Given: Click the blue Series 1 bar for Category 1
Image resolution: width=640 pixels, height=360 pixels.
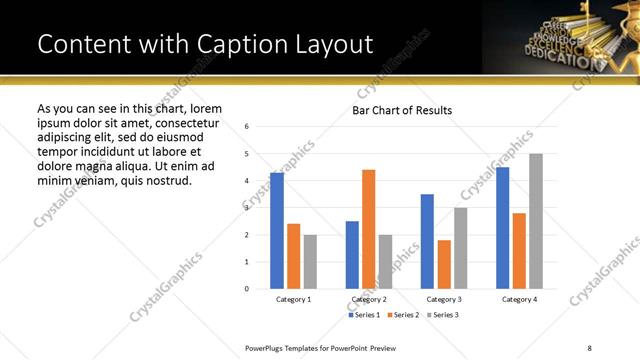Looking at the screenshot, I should pos(277,231).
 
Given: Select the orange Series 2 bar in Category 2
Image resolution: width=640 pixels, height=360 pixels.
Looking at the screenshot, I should pos(368,229).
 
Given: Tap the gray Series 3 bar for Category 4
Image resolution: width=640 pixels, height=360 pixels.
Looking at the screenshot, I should pos(535,221).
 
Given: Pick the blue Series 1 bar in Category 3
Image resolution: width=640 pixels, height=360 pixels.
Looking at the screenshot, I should pos(427,241).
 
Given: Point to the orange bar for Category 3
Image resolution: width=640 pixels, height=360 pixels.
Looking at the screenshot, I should pos(444,264).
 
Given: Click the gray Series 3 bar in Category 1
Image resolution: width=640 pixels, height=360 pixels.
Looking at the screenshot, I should pos(310,262).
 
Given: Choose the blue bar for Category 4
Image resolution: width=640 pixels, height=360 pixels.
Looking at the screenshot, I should pos(502,228).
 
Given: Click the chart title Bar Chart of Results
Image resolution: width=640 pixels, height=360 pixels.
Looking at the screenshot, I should pos(402,110).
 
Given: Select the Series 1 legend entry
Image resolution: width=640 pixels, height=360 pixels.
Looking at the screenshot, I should pos(363,315).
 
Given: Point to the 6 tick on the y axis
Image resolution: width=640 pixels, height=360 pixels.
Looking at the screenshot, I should pos(247,127).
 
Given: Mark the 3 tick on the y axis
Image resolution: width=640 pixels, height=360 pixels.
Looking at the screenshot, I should pos(247,208).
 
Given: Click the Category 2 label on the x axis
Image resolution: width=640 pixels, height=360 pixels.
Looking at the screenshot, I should pos(368,299).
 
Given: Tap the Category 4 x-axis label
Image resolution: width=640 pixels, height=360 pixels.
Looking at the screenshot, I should pos(519,299).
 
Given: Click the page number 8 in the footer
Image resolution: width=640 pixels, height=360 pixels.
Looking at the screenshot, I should pos(589,347).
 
